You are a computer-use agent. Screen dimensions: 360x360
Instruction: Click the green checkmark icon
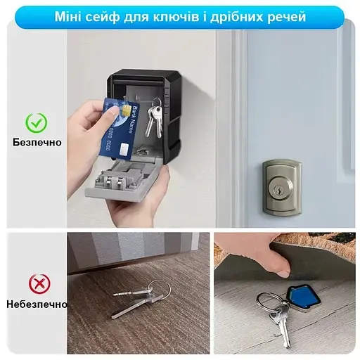click(x=36, y=123)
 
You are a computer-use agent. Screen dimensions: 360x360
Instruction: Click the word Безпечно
click(x=37, y=142)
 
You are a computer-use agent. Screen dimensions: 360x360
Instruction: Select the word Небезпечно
click(x=37, y=304)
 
